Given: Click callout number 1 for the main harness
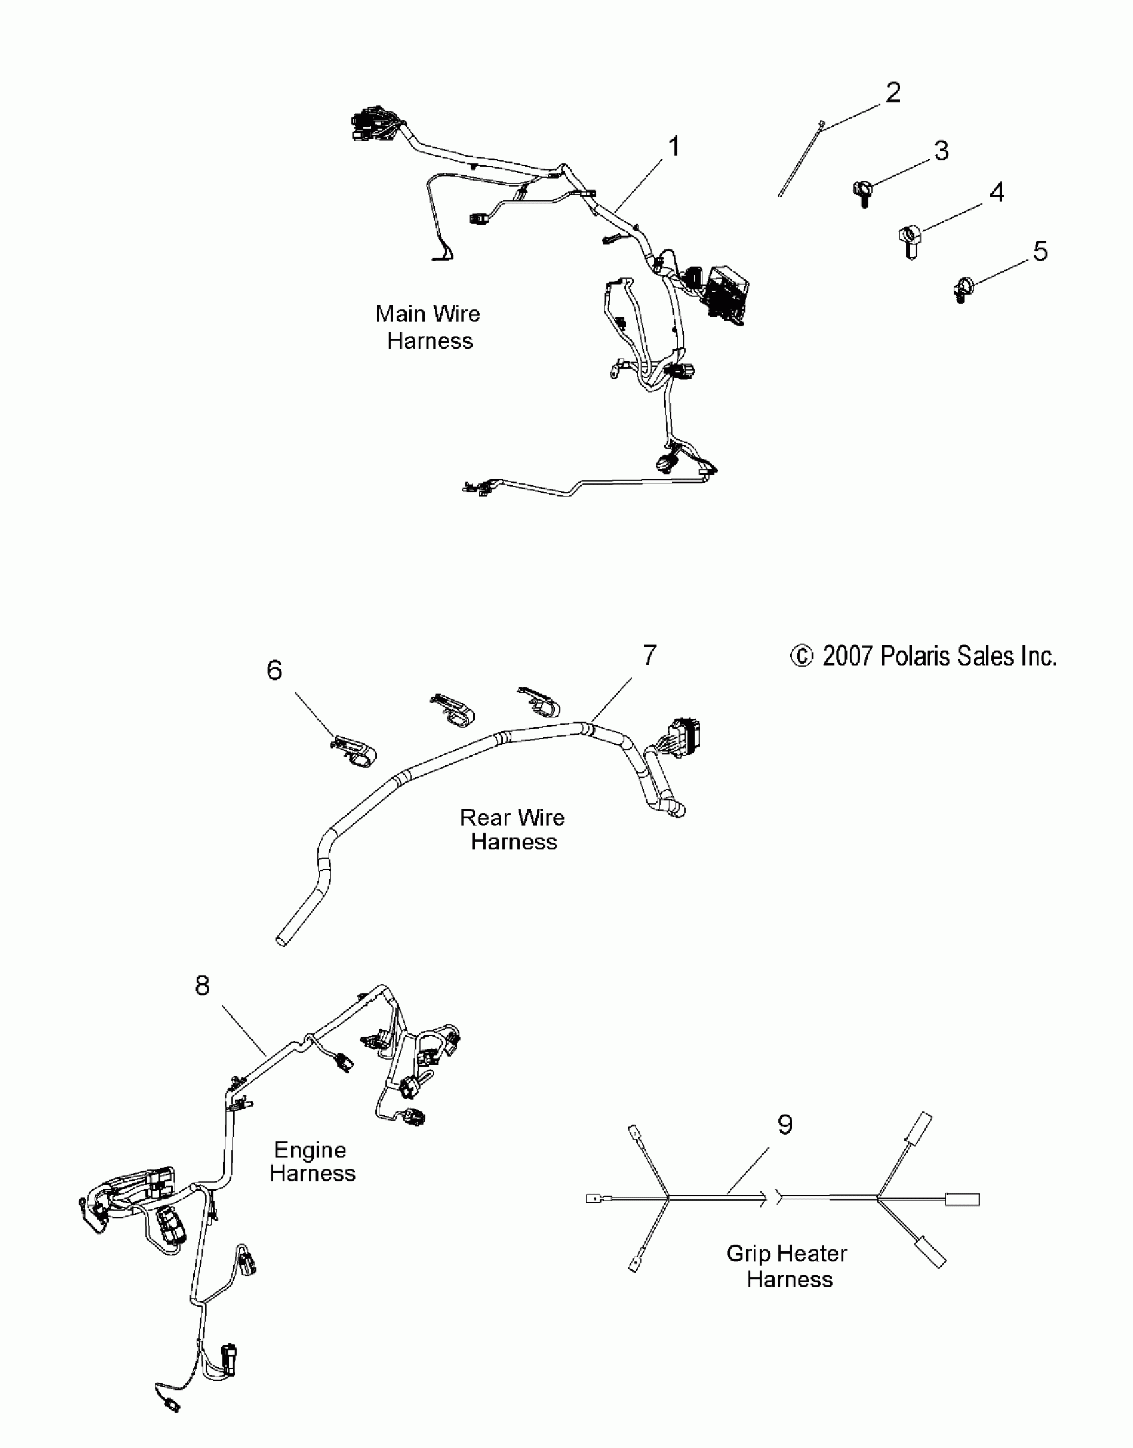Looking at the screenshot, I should point(674,147).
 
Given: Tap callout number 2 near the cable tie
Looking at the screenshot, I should point(892,92).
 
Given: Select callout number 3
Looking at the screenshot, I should point(941,151).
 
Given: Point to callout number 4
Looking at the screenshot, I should point(996,193).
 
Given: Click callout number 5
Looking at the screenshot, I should point(1040,251).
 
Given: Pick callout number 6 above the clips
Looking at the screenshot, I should point(274,670).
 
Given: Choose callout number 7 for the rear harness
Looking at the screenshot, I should point(650,655).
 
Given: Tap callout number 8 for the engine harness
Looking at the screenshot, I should point(202,985).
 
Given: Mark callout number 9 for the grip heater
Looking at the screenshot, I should point(785,1125).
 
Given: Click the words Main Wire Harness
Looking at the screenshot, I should point(429,327).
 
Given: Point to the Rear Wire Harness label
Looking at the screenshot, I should point(513,829).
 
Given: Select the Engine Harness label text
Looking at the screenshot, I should point(312,1161).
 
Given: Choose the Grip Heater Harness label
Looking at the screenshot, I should point(788,1266).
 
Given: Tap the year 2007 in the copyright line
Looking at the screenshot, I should point(847,657).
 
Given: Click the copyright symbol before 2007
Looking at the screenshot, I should point(802,657).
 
